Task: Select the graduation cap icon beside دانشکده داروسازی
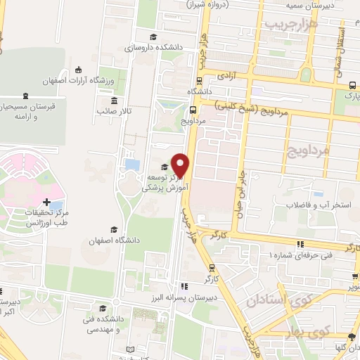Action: pos(153,37)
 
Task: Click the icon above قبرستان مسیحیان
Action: pos(26,96)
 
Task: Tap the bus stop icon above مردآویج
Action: pos(192,109)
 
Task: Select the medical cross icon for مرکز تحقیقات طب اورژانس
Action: pos(46,202)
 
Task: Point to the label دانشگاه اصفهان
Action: pos(114,240)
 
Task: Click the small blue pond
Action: pos(131,165)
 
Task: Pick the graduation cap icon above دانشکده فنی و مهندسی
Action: pos(103,308)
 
